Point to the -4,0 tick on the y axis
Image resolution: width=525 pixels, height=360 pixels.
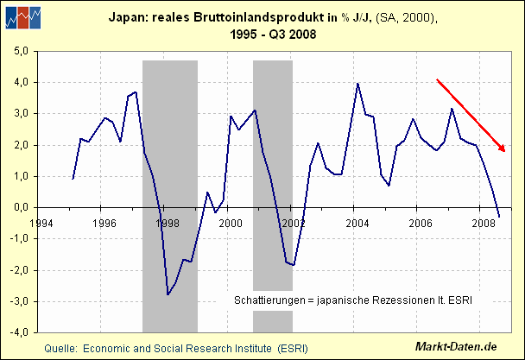click(x=19, y=332)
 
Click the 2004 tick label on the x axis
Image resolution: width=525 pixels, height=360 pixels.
click(x=357, y=222)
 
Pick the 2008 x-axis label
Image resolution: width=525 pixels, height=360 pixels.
click(x=484, y=222)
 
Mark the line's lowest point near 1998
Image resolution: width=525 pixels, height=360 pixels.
click(x=168, y=295)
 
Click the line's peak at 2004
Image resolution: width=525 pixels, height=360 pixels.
click(x=357, y=83)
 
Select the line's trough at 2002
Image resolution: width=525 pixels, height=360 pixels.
click(x=294, y=265)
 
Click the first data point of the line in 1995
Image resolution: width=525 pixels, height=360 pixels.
click(x=73, y=179)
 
